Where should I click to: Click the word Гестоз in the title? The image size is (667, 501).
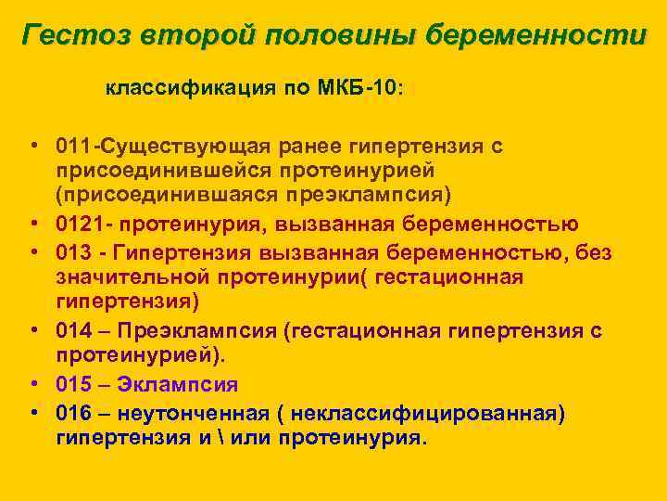(x=76, y=36)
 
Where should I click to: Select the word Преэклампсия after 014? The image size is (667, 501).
(x=186, y=331)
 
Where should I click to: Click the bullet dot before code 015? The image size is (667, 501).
(x=32, y=384)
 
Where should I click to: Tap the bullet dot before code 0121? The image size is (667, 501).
(x=32, y=224)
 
